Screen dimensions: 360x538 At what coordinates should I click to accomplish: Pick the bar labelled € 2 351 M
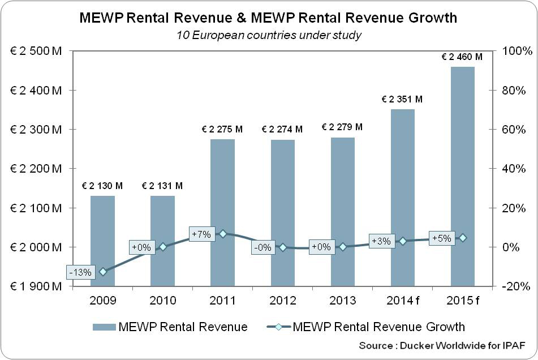(403, 198)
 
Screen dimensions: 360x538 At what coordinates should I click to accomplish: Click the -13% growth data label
(80, 272)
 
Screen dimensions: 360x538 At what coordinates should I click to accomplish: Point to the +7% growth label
(201, 234)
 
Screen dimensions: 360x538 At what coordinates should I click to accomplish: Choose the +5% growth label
(441, 238)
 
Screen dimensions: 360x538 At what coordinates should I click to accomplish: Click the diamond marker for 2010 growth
(163, 247)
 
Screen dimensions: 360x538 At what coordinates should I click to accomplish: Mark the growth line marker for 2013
(343, 247)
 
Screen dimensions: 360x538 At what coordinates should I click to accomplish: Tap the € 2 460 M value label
(462, 57)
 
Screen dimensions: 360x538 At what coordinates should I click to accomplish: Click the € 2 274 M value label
(282, 130)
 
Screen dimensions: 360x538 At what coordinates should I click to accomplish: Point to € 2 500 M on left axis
(36, 51)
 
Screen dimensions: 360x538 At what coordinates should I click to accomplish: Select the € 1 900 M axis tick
(36, 286)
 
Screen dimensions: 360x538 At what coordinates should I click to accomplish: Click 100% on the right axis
(517, 51)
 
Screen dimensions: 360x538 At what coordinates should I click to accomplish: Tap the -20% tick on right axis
(517, 286)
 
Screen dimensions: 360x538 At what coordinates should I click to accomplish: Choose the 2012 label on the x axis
(283, 300)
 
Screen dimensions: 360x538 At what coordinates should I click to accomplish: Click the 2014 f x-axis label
(403, 300)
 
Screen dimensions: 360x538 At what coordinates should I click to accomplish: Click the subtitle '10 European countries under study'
(268, 35)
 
